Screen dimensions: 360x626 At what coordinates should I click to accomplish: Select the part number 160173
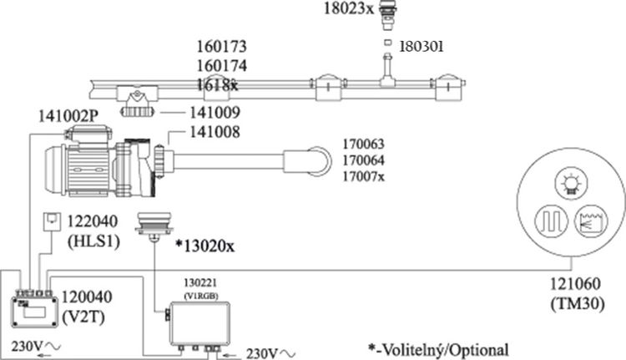[223, 47]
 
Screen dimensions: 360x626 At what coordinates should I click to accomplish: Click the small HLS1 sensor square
[51, 221]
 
